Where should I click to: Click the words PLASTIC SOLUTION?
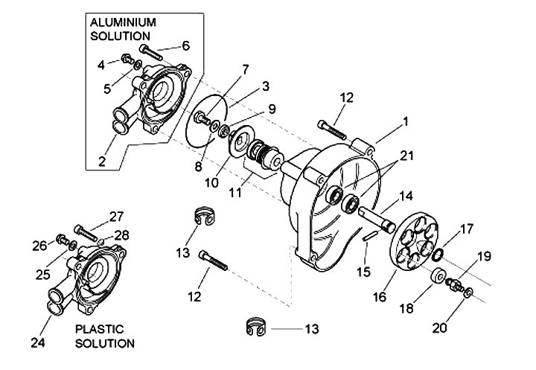[103, 336]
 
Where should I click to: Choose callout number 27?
[115, 217]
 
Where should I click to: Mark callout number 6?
[185, 45]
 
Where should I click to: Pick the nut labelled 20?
[468, 295]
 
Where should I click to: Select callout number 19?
[485, 256]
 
